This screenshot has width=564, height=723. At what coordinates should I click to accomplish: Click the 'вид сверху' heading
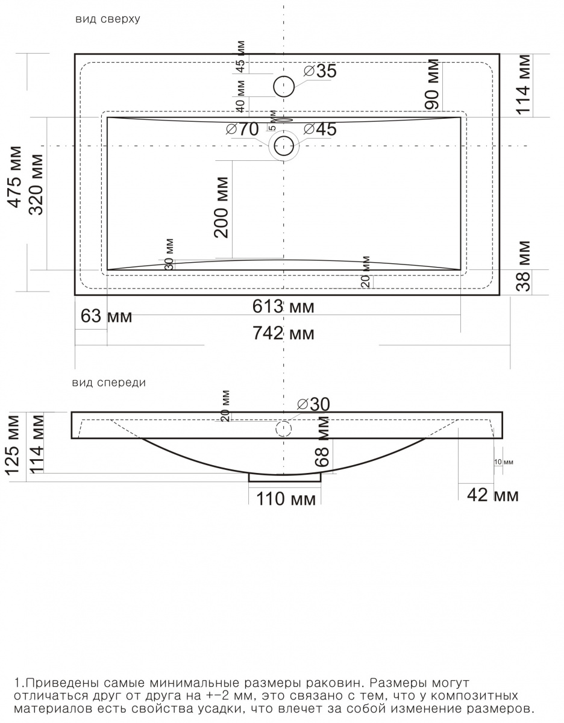(x=108, y=19)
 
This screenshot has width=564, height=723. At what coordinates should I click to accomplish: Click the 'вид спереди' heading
(x=109, y=383)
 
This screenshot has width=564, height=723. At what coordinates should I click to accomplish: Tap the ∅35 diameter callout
(x=320, y=71)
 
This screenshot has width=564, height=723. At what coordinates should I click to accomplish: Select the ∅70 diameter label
(x=242, y=129)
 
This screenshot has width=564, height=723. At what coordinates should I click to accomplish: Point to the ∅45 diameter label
(x=320, y=129)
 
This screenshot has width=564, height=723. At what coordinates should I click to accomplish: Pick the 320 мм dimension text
(x=36, y=184)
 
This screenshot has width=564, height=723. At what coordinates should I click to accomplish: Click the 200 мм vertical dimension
(x=221, y=207)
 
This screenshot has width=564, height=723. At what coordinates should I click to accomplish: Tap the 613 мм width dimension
(x=283, y=306)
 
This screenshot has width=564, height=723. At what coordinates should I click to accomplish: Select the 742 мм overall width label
(x=283, y=333)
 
